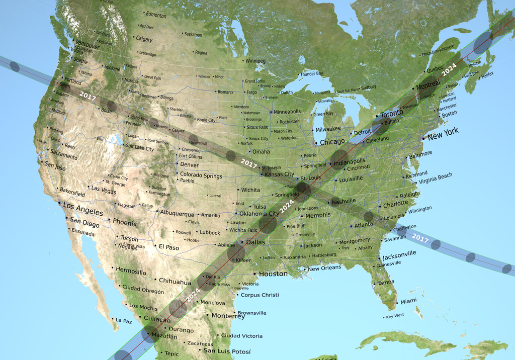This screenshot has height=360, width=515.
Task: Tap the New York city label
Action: pos(443,133)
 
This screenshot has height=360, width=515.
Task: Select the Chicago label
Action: pos(332,142)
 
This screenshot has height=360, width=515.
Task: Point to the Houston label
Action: pos(274,274)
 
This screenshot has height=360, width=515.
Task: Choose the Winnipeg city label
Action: pos(255,61)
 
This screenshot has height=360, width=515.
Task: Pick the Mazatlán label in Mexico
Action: pos(164,336)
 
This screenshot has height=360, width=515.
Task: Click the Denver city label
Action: pos(189,165)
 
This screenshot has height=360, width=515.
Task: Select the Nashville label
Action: pos(344,202)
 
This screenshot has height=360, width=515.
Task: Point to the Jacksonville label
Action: pos(399,254)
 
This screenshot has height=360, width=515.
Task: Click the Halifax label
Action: pos(487,74)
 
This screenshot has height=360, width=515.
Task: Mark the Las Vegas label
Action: pos(103,189)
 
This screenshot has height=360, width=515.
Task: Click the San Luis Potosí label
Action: pos(227,351)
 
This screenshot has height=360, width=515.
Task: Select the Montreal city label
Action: pos(428,87)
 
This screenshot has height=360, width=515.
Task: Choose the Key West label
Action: pos(395,316)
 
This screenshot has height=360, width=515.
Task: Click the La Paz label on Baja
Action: pos(124,320)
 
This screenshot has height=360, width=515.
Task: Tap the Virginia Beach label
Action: pos(435,177)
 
